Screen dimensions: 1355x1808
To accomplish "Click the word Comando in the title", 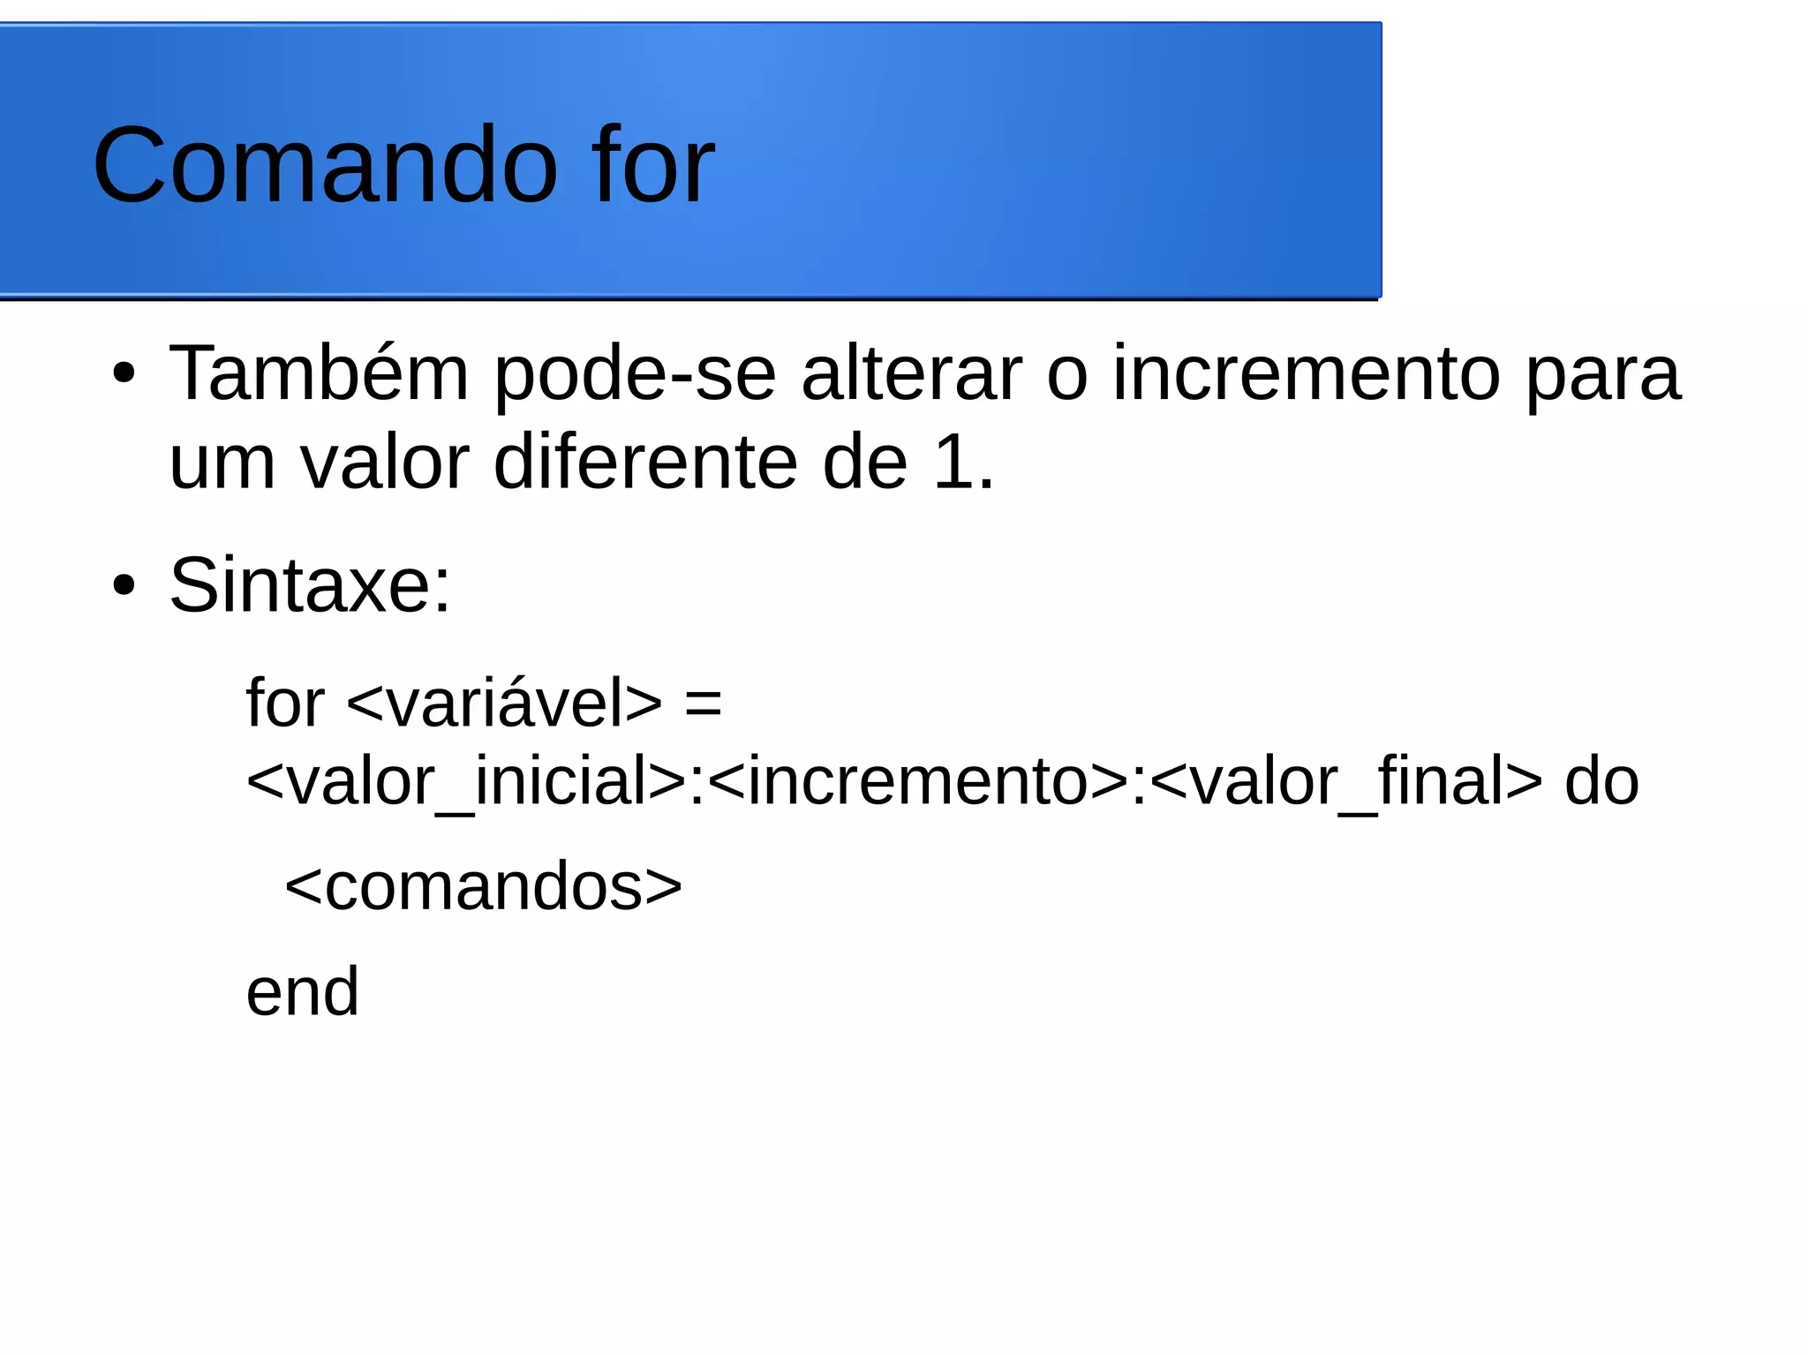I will [x=325, y=165].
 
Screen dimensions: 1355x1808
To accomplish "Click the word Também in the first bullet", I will [x=319, y=373].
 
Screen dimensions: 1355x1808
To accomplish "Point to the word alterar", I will [x=911, y=373].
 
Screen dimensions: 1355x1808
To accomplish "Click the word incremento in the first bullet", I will [x=1306, y=373].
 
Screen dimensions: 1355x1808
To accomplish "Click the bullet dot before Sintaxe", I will [x=124, y=584].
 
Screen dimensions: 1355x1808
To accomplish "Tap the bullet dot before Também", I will [x=124, y=373].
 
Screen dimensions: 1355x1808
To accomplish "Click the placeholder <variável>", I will [x=504, y=703].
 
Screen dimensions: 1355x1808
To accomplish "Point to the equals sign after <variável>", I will [x=703, y=704].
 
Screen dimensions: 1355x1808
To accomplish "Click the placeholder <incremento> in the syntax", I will [x=917, y=781].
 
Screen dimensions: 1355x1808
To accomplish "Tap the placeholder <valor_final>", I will [x=1346, y=781].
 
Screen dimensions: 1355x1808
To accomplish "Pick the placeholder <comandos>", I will [x=483, y=886].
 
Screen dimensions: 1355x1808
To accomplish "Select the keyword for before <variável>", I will [x=285, y=703].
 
